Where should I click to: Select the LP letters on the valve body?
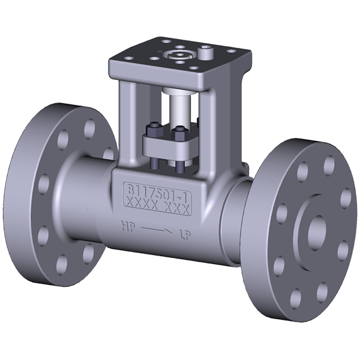click(187, 231)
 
